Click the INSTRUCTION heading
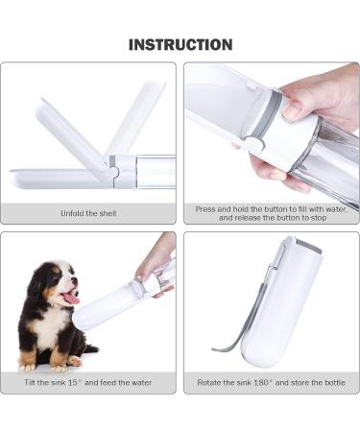point(180,44)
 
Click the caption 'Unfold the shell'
point(88,213)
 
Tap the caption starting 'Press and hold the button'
point(271,213)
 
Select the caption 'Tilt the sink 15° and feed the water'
point(88,382)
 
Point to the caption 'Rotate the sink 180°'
point(271,382)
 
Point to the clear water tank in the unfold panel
point(154,171)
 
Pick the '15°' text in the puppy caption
point(81,382)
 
